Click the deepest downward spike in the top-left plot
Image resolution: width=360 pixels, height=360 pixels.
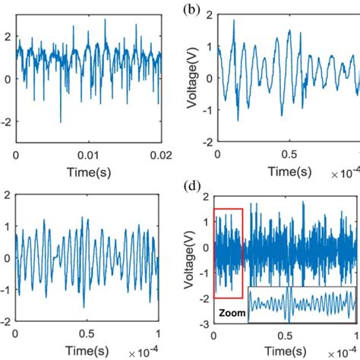pos(61,121)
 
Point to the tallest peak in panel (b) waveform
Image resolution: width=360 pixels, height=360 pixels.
pos(234,21)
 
